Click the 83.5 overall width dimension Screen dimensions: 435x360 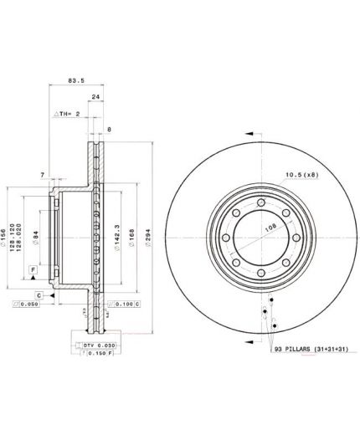pos(76,81)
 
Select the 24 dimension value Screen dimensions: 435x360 pos(95,96)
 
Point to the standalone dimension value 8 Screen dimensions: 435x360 pos(109,130)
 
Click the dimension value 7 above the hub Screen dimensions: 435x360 pos(41,173)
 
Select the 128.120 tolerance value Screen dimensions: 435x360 pos(18,238)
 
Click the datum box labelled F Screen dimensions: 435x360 pos(32,269)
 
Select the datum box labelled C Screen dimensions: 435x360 pos(39,295)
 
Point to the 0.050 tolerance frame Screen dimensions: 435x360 pos(23,306)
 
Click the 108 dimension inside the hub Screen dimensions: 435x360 pos(248,225)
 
